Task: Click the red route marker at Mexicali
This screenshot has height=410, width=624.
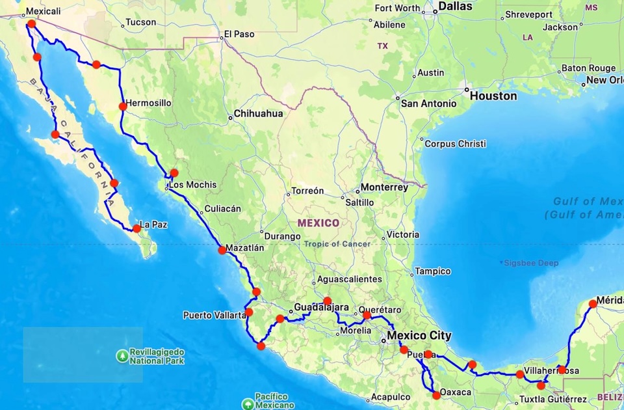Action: pyautogui.click(x=31, y=23)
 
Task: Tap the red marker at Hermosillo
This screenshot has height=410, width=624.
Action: pyautogui.click(x=122, y=106)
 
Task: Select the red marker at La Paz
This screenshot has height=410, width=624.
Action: pyautogui.click(x=136, y=228)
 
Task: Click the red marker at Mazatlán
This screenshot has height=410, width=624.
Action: pyautogui.click(x=222, y=250)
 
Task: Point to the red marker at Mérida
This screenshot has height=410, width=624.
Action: pyautogui.click(x=593, y=303)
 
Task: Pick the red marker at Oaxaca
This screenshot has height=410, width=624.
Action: pyautogui.click(x=436, y=395)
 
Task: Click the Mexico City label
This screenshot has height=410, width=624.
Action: pyautogui.click(x=419, y=336)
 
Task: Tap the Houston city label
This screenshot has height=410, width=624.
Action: pyautogui.click(x=493, y=96)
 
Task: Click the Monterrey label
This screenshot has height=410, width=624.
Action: pyautogui.click(x=384, y=187)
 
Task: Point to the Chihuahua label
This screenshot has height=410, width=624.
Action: pyautogui.click(x=258, y=113)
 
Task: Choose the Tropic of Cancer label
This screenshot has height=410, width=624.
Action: pyautogui.click(x=337, y=244)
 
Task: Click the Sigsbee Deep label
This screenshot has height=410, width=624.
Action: pyautogui.click(x=528, y=262)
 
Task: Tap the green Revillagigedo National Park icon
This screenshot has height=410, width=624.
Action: pyautogui.click(x=122, y=355)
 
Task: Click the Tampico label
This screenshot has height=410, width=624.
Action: pyautogui.click(x=433, y=271)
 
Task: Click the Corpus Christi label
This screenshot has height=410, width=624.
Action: pyautogui.click(x=455, y=144)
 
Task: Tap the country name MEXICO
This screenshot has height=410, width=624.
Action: pyautogui.click(x=318, y=223)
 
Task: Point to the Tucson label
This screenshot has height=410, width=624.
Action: pyautogui.click(x=140, y=22)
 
